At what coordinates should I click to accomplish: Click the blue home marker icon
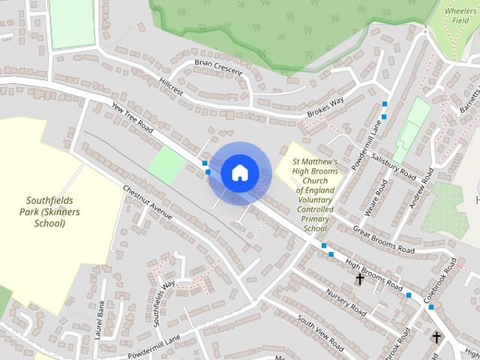coord(239,173)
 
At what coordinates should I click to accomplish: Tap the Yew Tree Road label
coord(131,118)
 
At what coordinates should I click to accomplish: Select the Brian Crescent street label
coord(217,67)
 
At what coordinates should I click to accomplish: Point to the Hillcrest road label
coord(171,86)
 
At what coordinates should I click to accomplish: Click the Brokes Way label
coord(325,105)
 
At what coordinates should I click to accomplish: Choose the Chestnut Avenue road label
coord(147,202)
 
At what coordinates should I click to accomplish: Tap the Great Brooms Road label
coord(382,241)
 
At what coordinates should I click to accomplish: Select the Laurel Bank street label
coord(100,319)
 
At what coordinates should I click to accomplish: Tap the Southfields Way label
coord(164,302)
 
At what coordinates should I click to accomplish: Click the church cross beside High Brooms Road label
coord(360,279)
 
